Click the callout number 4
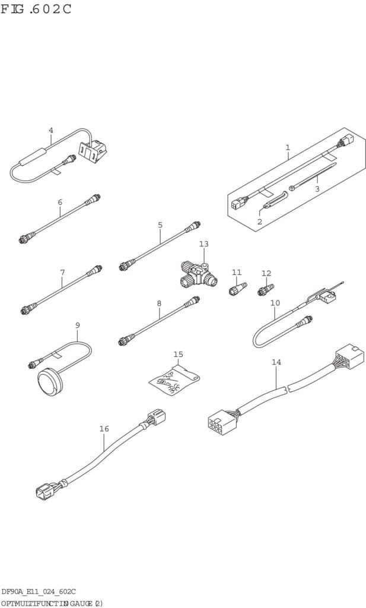point(51,131)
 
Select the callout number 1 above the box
point(288,147)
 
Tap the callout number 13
point(204,244)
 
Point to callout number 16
point(104,429)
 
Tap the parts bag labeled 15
point(174,380)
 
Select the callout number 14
point(276,362)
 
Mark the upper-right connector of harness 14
point(349,356)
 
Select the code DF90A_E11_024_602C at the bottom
point(39,591)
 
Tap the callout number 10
point(275,303)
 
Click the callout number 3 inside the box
point(317,189)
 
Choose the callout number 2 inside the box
point(259,221)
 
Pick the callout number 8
point(159,303)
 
